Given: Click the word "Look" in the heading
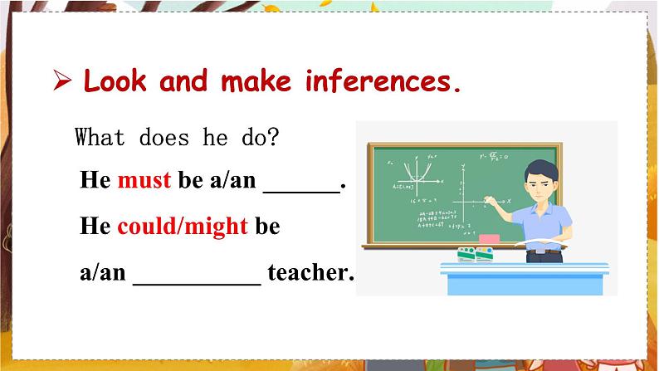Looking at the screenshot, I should pos(116,82).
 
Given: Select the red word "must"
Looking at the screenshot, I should pos(144,180).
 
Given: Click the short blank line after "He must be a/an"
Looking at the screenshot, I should pos(300,189).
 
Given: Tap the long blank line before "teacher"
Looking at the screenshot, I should pos(197,281).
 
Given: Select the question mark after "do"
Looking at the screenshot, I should pos(273,137).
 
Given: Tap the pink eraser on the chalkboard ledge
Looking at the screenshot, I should pos(491,239).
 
